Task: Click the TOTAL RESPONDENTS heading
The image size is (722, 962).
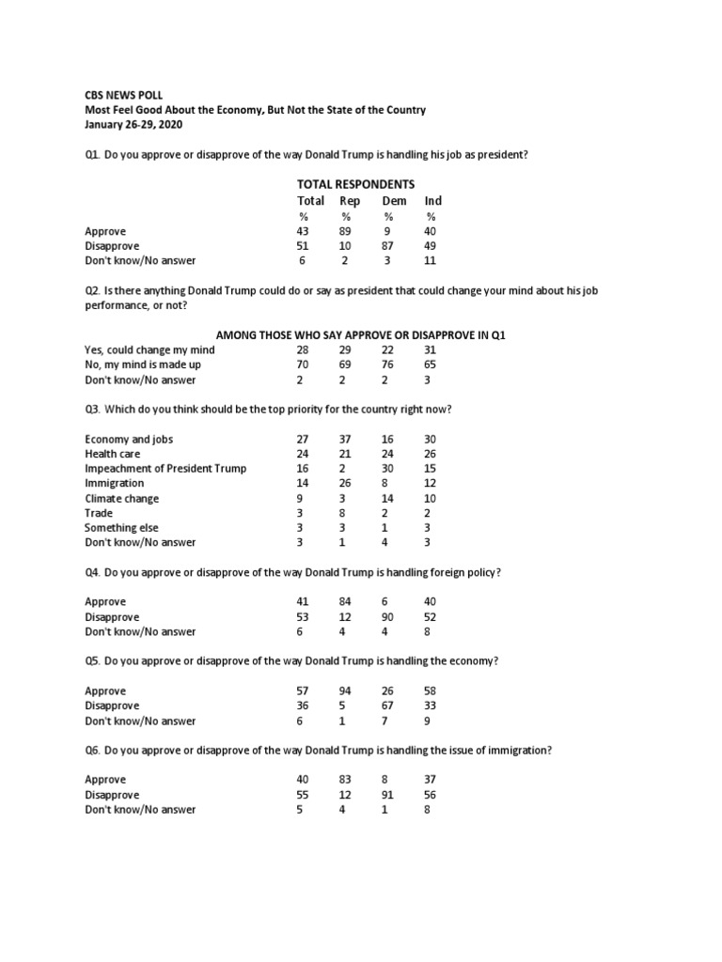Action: [x=355, y=184]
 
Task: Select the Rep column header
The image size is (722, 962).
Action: [x=350, y=201]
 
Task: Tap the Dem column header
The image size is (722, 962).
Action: [x=394, y=201]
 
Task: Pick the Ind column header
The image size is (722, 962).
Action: [x=432, y=201]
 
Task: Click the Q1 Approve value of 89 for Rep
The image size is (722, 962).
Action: [x=345, y=231]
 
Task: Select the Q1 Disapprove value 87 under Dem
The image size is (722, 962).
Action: [x=387, y=246]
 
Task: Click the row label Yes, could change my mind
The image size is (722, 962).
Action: [x=149, y=349]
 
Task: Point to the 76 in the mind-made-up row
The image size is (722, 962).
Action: [x=387, y=365]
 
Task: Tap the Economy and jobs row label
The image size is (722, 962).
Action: [x=129, y=439]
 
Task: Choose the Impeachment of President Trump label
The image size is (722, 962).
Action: [x=165, y=469]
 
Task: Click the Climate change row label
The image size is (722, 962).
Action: [x=122, y=498]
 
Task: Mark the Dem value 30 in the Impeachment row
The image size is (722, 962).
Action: [x=387, y=469]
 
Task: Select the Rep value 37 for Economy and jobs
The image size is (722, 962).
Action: [x=345, y=439]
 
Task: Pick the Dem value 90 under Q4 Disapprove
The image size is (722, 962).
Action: [x=387, y=616]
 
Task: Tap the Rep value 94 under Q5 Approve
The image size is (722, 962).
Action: [x=345, y=690]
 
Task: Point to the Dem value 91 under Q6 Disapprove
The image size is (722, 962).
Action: [x=387, y=794]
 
